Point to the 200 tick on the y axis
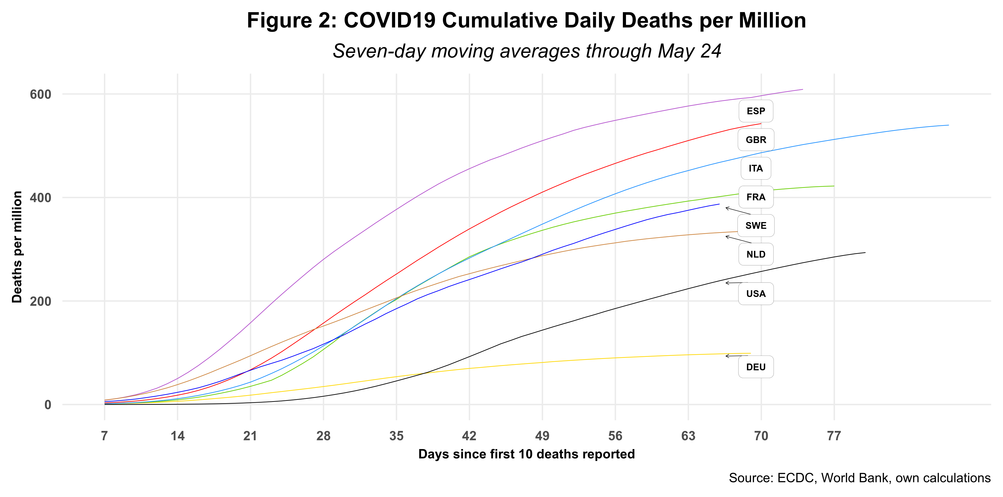(x=40, y=301)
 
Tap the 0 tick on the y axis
(x=47, y=405)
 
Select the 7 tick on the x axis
(x=104, y=436)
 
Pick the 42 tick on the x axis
(x=469, y=436)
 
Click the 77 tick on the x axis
(x=834, y=436)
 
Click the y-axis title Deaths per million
(x=17, y=247)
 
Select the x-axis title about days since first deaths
(x=526, y=454)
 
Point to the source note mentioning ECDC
(x=859, y=478)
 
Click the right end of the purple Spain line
(x=803, y=89)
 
